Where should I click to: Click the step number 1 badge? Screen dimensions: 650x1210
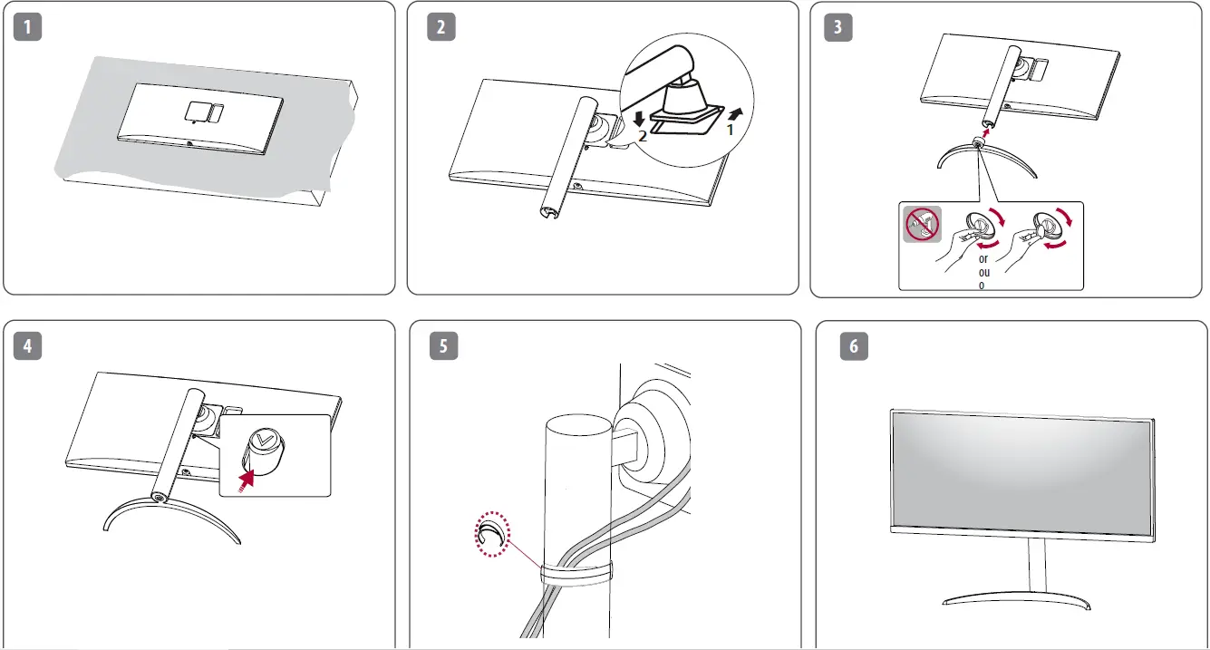click(31, 27)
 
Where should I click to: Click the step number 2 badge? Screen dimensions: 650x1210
click(440, 27)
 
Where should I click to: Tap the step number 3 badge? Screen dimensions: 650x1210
click(838, 27)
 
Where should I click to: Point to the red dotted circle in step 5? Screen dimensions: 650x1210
click(494, 537)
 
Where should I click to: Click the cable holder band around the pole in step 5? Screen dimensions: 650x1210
click(575, 573)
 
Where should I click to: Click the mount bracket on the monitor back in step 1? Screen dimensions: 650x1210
click(202, 112)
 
